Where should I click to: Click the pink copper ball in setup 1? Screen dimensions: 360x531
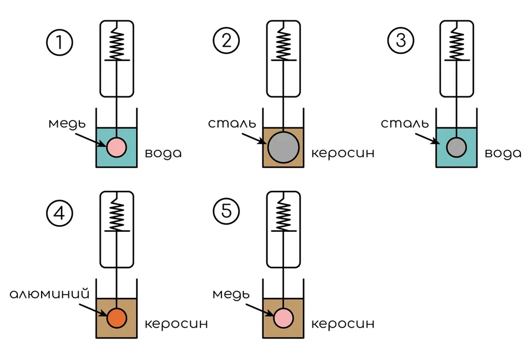pos(117,147)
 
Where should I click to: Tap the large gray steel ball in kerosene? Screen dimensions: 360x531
pos(284,148)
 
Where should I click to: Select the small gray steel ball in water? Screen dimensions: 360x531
pos(456,147)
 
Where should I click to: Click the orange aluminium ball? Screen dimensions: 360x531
pos(117,318)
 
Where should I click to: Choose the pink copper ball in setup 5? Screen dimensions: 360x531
pos(284,318)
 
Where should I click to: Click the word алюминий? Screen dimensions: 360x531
pos(50,293)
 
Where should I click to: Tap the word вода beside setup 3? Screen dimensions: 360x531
pos(503,154)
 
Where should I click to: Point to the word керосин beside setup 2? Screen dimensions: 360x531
pos(342,154)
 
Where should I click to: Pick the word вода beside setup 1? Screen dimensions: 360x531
pos(163,154)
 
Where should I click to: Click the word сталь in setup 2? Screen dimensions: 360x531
pos(231,123)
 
